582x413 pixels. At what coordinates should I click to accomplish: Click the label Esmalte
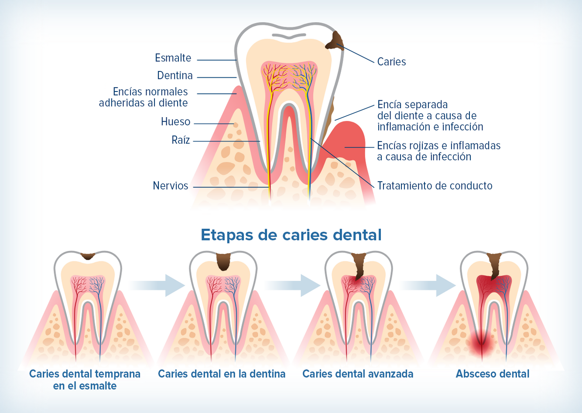click(x=173, y=58)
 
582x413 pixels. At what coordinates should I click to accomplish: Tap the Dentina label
click(x=175, y=76)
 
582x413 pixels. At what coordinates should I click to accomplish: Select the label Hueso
click(x=175, y=122)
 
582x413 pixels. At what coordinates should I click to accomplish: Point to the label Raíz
click(x=181, y=140)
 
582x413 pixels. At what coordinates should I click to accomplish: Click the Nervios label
click(x=171, y=186)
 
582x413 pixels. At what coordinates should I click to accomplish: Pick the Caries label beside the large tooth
click(x=391, y=62)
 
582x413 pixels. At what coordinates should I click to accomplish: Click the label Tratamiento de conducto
click(x=435, y=186)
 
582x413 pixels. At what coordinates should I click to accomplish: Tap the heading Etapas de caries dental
click(x=291, y=235)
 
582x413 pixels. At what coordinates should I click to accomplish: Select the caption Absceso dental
click(x=493, y=374)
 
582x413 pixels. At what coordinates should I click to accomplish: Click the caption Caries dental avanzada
click(x=358, y=374)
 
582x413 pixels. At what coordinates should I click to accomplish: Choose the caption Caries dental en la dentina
click(x=222, y=374)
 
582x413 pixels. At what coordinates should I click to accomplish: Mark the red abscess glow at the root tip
click(x=482, y=345)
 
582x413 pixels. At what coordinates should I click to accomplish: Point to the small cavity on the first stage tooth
click(x=88, y=256)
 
